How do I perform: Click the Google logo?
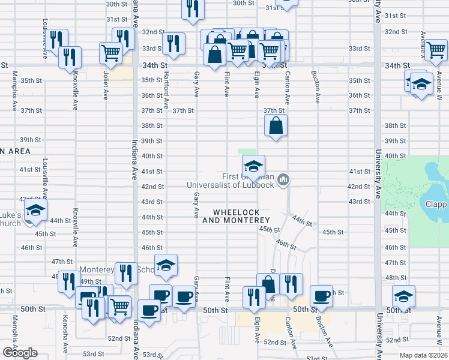[x=19, y=353]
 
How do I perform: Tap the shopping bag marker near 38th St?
[x=276, y=126]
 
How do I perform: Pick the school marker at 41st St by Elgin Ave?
[x=253, y=166]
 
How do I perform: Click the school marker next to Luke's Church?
[x=36, y=211]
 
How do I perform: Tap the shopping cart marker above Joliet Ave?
[x=110, y=52]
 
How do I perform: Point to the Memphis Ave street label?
[x=15, y=91]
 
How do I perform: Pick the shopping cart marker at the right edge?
[x=435, y=50]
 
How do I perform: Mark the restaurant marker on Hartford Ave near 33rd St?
[x=173, y=43]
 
